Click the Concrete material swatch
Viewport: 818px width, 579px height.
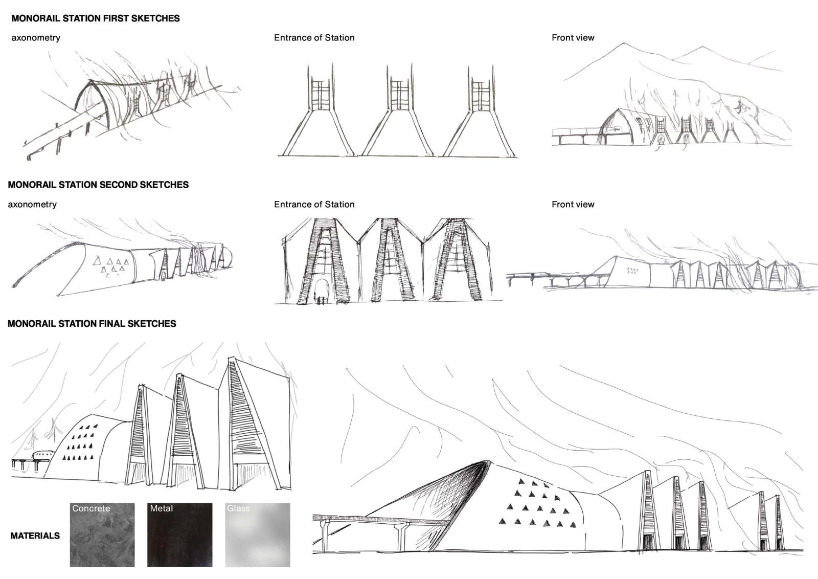coord(102,535)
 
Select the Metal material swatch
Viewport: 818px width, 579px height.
coord(179,535)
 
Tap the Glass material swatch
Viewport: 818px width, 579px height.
coord(258,535)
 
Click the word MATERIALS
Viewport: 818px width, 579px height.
coord(35,536)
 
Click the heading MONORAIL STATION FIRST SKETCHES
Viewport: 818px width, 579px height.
coord(96,18)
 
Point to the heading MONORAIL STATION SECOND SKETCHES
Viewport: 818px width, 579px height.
coord(98,185)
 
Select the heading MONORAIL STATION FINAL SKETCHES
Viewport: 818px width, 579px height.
coord(92,324)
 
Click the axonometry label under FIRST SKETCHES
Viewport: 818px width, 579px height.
coord(36,38)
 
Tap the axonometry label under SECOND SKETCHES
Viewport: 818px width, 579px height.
coord(32,204)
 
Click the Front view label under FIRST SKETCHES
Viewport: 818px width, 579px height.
coord(573,38)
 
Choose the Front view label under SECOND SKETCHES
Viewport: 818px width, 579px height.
coord(573,204)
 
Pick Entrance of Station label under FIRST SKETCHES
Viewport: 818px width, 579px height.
coord(314,38)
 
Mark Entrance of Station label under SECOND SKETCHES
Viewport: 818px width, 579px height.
coord(314,204)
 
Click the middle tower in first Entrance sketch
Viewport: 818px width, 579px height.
coord(399,109)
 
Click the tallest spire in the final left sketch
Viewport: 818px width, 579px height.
coord(252,424)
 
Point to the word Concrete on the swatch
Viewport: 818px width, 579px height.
coord(91,508)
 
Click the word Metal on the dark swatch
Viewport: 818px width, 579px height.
coord(162,508)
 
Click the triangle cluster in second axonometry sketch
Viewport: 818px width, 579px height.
coord(110,265)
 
